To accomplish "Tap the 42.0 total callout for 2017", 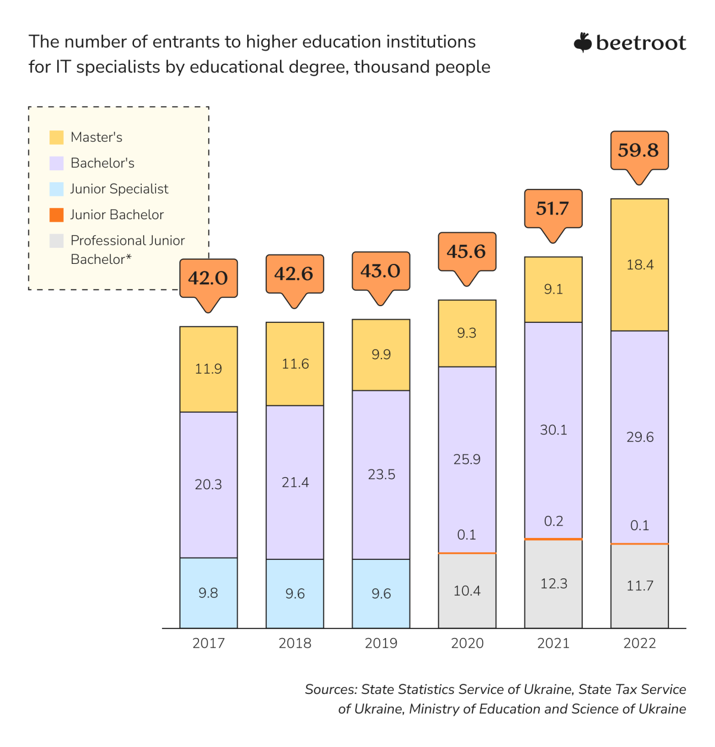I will [209, 278].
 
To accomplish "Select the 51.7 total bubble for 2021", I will [553, 208].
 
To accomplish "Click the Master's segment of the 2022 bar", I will [639, 264].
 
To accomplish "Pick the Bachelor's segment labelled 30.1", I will [553, 429].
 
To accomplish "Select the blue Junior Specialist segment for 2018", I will [295, 593].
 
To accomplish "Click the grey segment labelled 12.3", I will [553, 584].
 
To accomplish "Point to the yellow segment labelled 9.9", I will [381, 354].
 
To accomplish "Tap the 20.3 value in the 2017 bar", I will [209, 484].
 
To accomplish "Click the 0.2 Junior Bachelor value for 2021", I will [554, 521].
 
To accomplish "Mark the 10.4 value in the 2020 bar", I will [467, 591].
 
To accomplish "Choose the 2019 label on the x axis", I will [381, 643].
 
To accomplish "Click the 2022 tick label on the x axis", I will [639, 643].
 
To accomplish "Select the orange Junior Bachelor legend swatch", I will [57, 215].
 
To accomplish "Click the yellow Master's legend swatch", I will [57, 138].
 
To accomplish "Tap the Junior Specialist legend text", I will [119, 189].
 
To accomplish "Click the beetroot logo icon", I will [582, 43].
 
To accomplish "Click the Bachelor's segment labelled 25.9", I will [467, 459].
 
